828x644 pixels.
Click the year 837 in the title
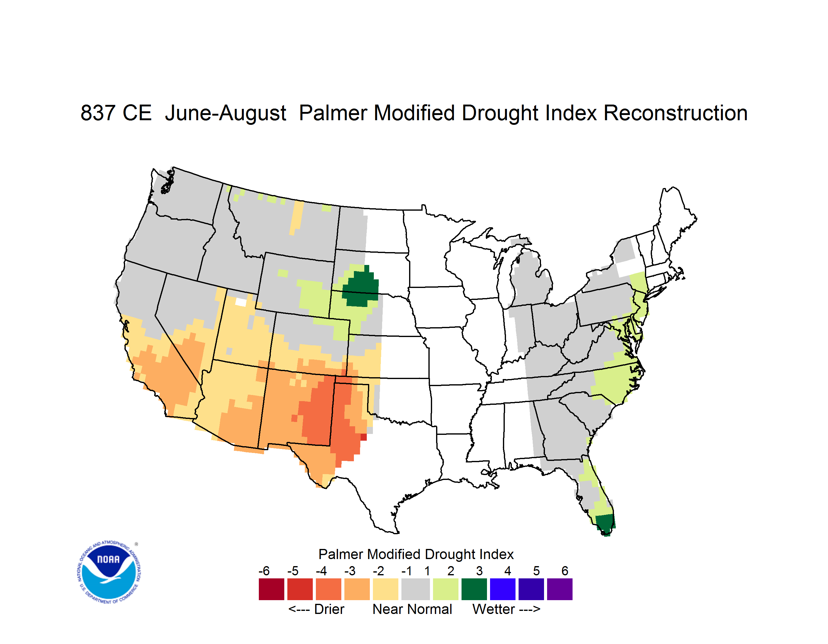[98, 113]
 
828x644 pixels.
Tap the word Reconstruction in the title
[675, 113]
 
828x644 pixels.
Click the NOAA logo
[109, 572]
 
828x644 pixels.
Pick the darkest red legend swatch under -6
[271, 589]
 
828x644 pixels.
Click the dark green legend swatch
[474, 589]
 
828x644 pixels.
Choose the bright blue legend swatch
[503, 589]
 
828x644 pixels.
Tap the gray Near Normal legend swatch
[416, 589]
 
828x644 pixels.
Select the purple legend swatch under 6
[560, 589]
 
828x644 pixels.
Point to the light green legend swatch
[446, 589]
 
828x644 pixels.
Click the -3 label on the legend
[350, 571]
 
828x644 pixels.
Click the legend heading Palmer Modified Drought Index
[416, 554]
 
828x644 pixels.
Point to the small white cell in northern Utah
[241, 302]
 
